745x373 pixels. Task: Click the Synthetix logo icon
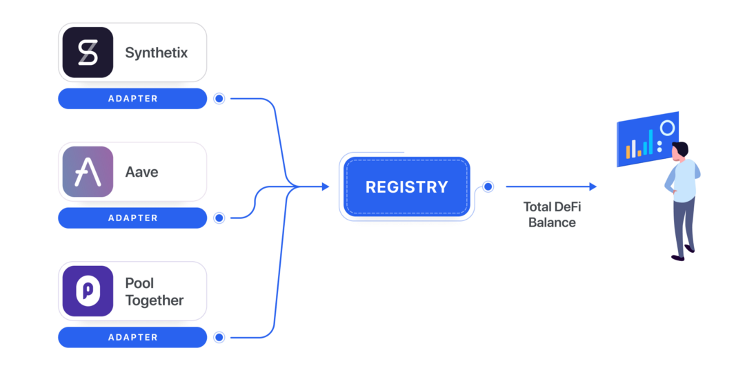[x=88, y=52]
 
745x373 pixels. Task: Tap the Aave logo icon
[x=88, y=171]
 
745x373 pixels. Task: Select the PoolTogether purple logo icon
[x=88, y=291]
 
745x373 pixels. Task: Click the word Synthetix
[x=156, y=52]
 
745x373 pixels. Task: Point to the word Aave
[x=141, y=172]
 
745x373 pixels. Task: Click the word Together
[x=155, y=300]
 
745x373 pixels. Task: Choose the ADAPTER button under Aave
[x=132, y=218]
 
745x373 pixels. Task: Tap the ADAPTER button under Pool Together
[x=132, y=338]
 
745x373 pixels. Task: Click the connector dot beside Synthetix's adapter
[x=219, y=99]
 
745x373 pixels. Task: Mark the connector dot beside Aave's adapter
[x=219, y=218]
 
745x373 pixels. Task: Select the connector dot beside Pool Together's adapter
[x=219, y=338]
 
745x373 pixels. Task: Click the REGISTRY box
[x=406, y=186]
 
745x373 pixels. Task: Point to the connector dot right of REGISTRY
[x=488, y=186]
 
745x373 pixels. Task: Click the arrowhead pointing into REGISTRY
[x=325, y=186]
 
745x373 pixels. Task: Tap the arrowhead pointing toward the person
[x=593, y=186]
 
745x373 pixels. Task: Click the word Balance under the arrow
[x=552, y=222]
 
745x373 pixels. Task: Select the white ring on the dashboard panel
[x=667, y=128]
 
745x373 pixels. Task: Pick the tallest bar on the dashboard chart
[x=650, y=141]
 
